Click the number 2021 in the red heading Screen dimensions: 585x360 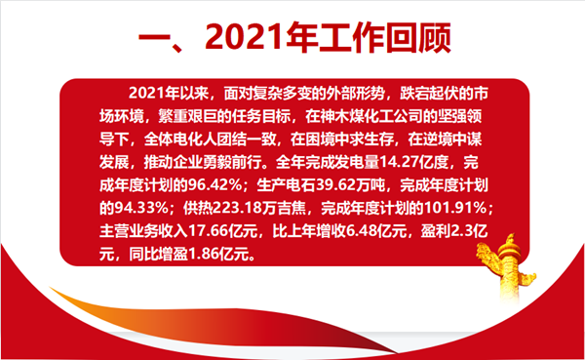[245, 37]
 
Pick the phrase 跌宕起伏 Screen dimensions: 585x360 [429, 94]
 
